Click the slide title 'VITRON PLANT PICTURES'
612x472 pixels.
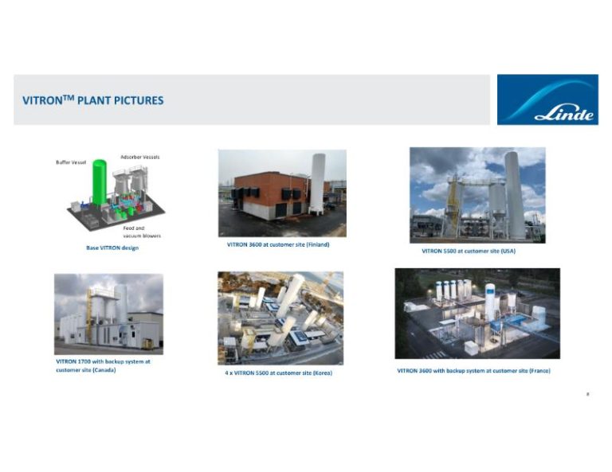92,100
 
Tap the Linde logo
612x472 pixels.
547,100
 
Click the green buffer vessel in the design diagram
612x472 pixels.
99,183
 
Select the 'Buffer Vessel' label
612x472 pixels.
71,162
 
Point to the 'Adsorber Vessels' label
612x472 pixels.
139,157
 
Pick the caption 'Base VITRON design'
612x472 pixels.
112,248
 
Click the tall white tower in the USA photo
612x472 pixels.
513,193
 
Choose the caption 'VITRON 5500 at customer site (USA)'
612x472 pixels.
469,251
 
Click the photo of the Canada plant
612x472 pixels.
108,314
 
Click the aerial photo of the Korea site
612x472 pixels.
280,318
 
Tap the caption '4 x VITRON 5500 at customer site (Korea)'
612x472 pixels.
278,373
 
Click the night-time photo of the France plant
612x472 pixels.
477,313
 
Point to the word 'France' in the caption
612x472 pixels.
539,370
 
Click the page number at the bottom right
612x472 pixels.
586,393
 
